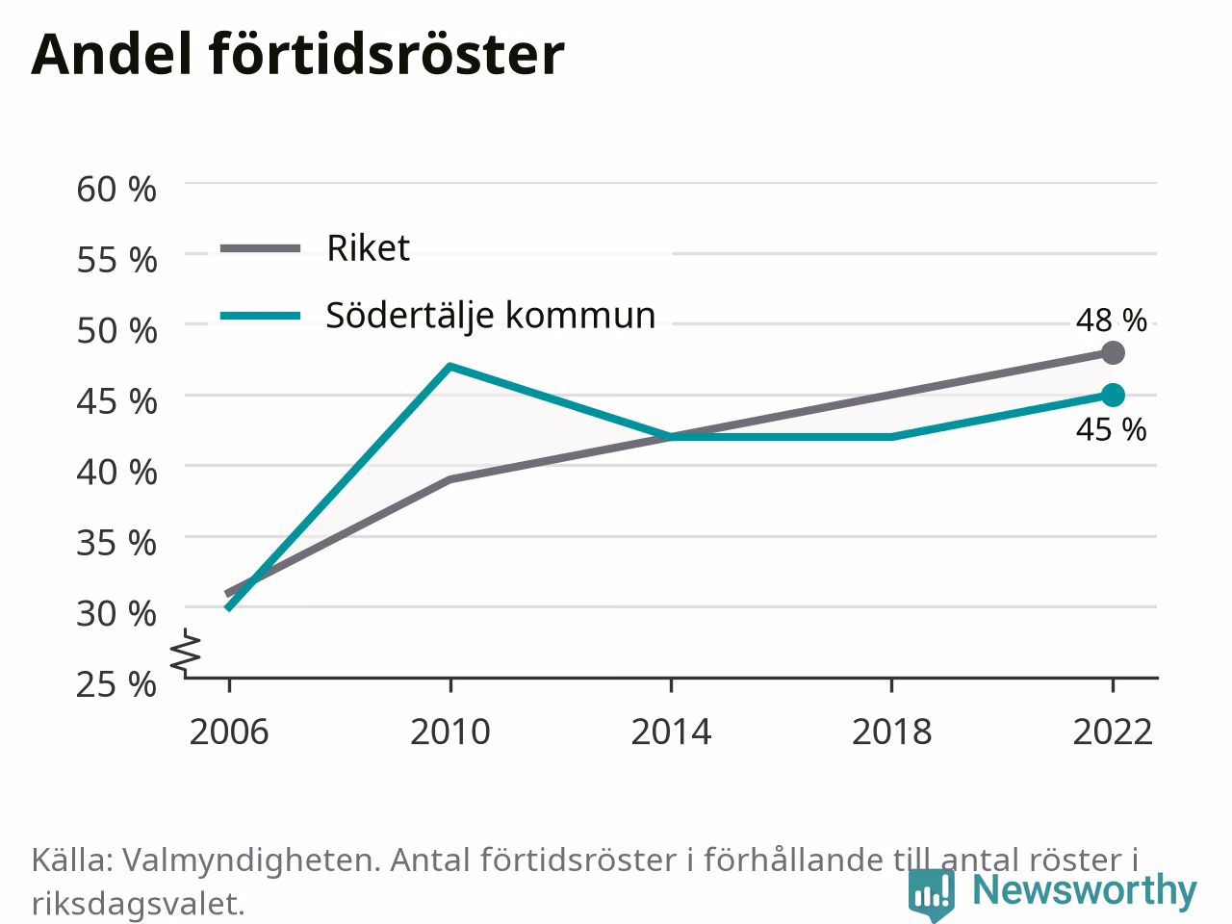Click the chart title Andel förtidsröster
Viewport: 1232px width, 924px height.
297,55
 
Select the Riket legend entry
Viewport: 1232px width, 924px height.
315,247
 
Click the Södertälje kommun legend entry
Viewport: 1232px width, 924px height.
438,316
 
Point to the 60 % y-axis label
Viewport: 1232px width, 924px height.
116,189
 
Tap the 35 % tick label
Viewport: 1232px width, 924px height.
116,543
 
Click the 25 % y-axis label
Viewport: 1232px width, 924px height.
116,684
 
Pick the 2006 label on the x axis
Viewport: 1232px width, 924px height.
229,732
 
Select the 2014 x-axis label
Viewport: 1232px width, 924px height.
671,732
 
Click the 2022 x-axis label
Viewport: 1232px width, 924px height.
1113,732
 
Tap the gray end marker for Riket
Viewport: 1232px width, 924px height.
1113,353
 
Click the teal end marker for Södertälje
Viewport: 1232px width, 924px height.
1113,396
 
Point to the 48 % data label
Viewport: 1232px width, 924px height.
1112,321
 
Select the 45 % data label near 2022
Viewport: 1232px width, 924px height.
1112,430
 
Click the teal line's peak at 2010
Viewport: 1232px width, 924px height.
450,367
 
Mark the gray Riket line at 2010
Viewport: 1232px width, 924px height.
450,479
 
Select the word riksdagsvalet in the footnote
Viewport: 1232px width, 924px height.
138,903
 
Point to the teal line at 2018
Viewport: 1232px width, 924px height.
892,437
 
